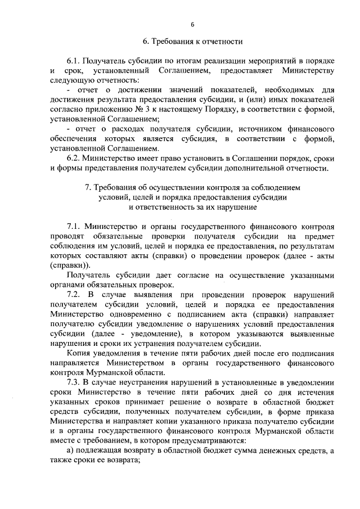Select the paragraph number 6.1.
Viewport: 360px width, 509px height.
point(74,60)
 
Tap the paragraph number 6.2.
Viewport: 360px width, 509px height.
point(74,159)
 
